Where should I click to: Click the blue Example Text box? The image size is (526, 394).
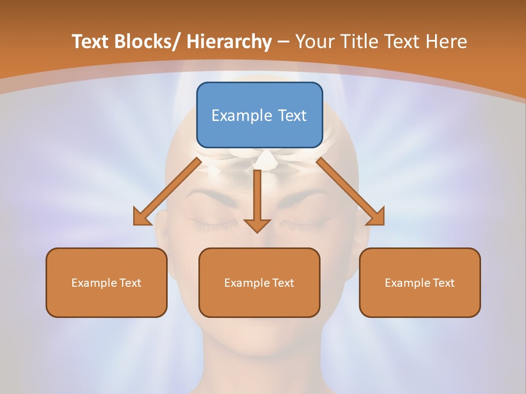click(x=259, y=115)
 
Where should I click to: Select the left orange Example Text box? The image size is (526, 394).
click(x=106, y=282)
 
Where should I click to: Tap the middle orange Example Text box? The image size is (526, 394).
click(x=259, y=282)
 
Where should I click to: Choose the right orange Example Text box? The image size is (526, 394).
click(x=420, y=282)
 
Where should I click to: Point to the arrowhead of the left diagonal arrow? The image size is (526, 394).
click(x=141, y=217)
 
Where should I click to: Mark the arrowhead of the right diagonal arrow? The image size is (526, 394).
click(x=376, y=217)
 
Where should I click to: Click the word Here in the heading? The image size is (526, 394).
click(x=446, y=42)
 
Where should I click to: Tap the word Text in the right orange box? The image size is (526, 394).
click(x=444, y=283)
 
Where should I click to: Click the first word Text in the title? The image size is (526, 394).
click(x=90, y=42)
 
